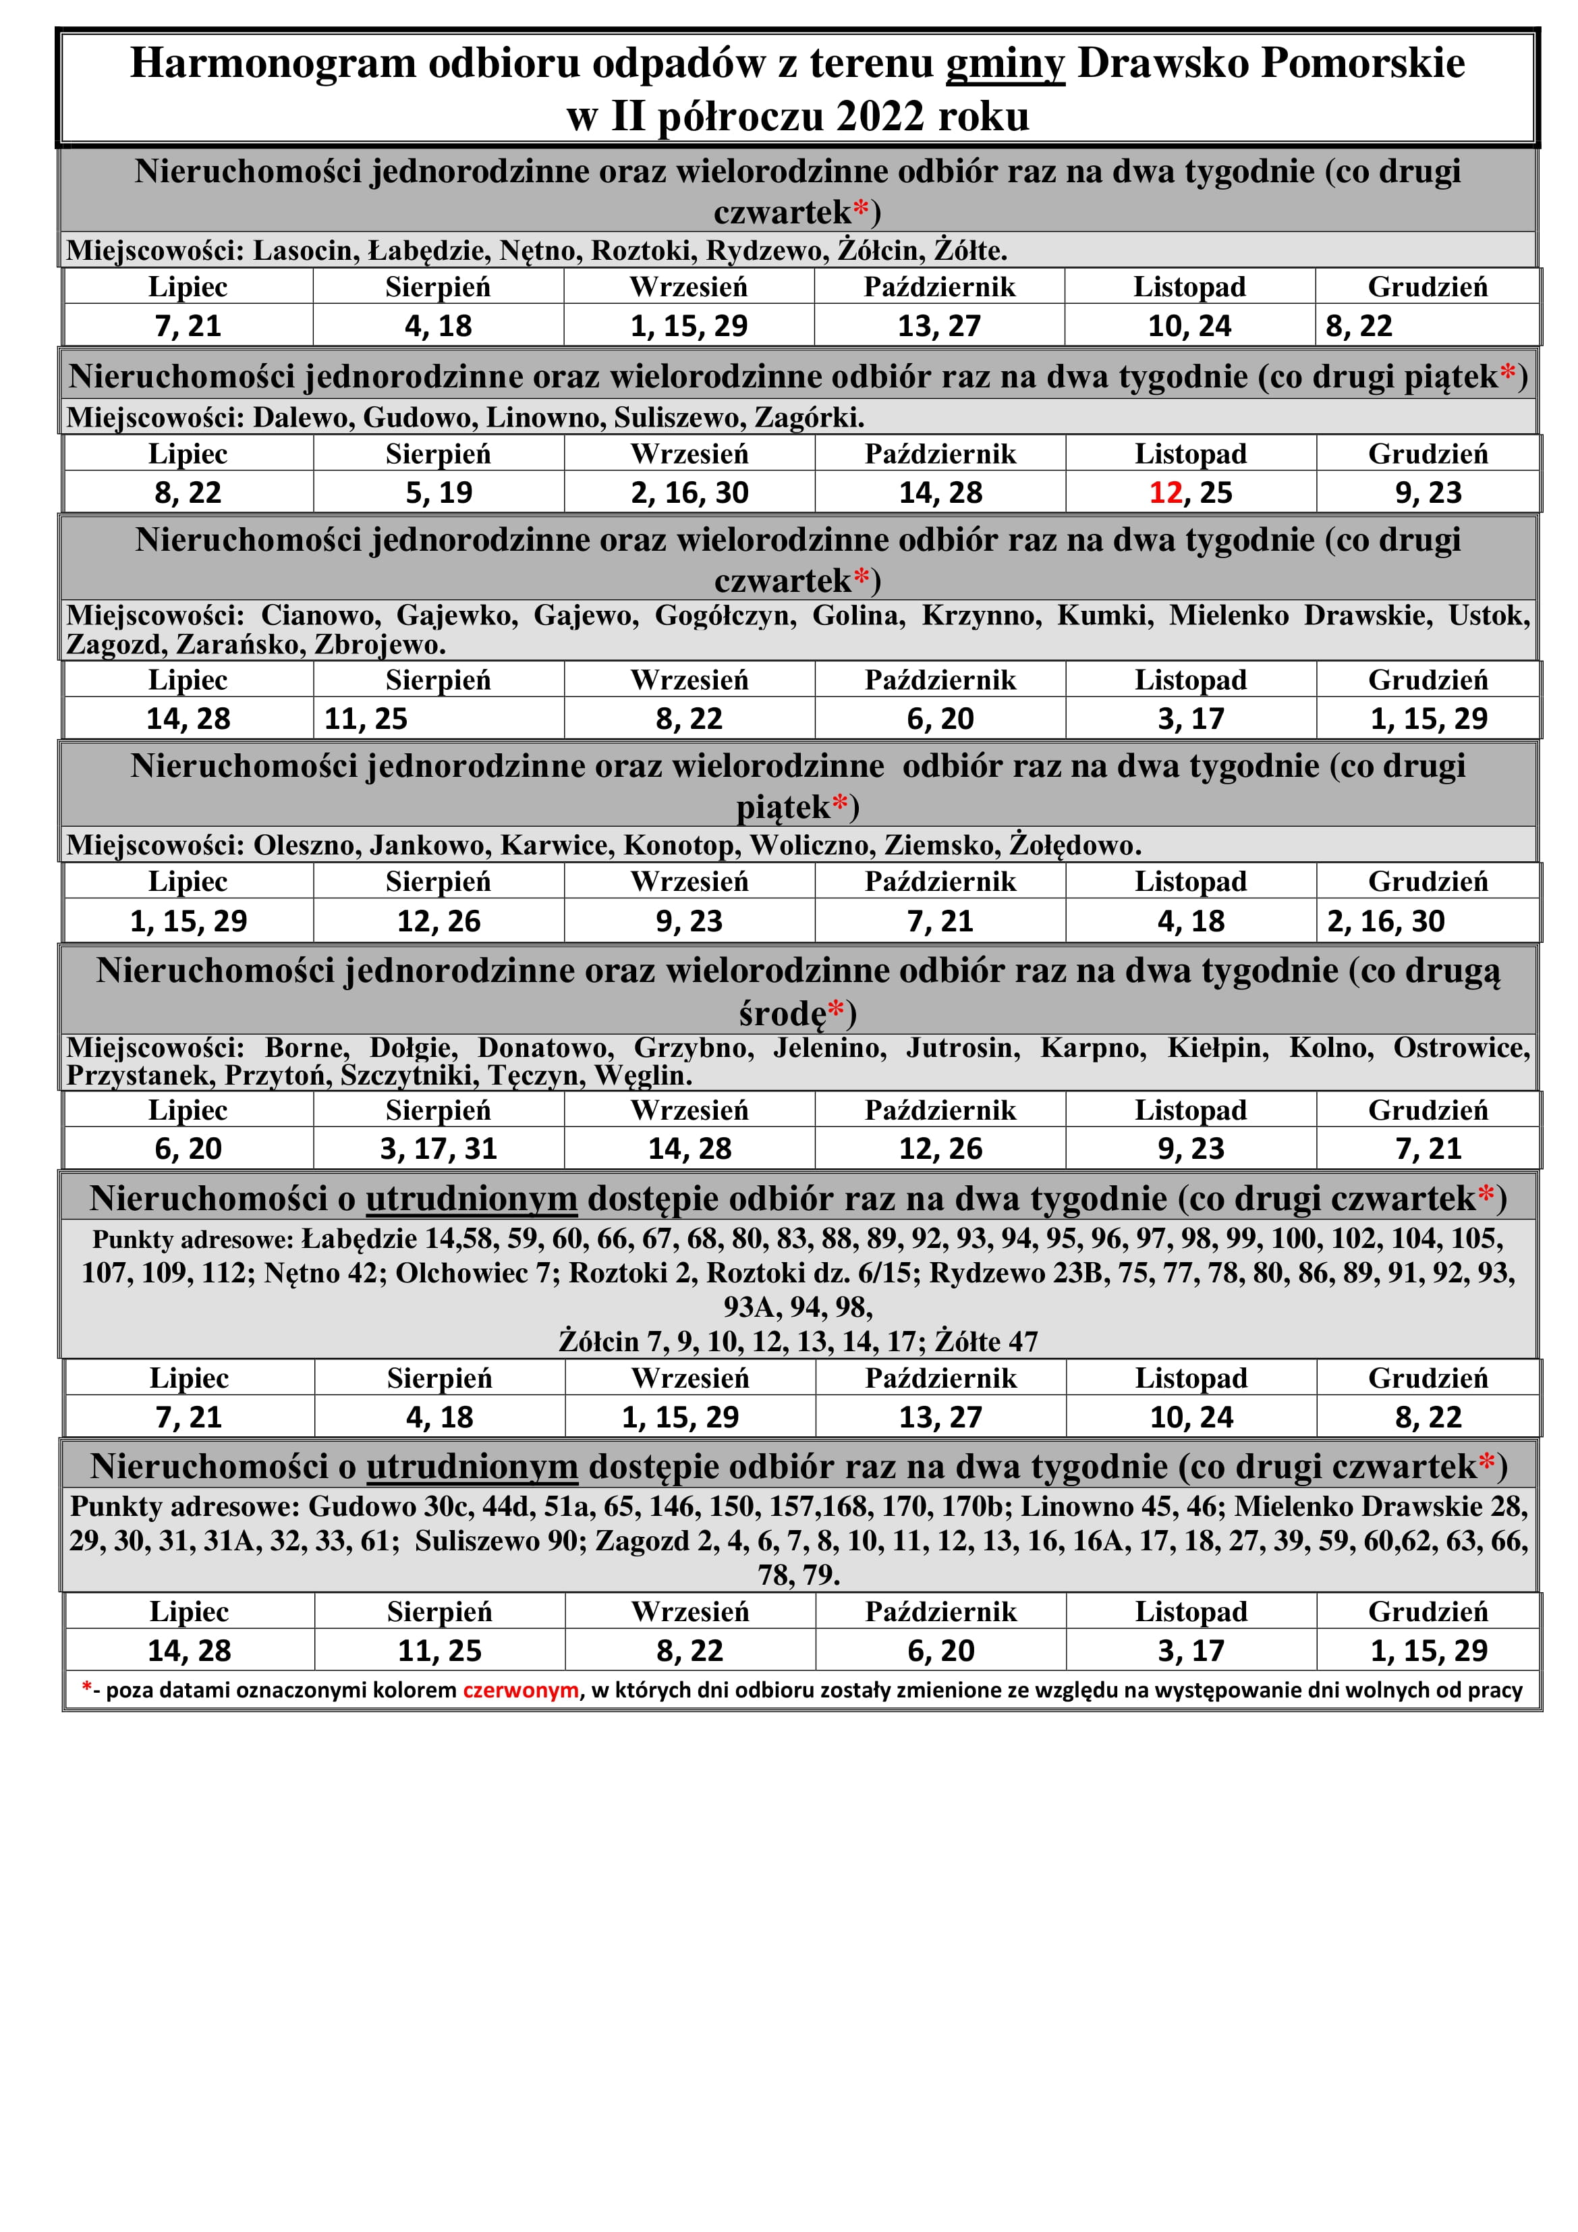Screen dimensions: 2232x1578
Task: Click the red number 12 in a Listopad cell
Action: tap(1165, 493)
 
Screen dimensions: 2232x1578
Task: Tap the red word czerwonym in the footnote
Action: tap(521, 1689)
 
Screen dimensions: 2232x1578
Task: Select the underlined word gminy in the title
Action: tap(1005, 64)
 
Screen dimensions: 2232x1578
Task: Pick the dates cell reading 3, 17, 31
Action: tap(439, 1149)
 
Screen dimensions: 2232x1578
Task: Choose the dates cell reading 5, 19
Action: tap(439, 493)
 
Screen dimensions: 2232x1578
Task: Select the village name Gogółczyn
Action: tap(725, 616)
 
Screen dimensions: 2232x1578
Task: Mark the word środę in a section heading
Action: tap(782, 1014)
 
